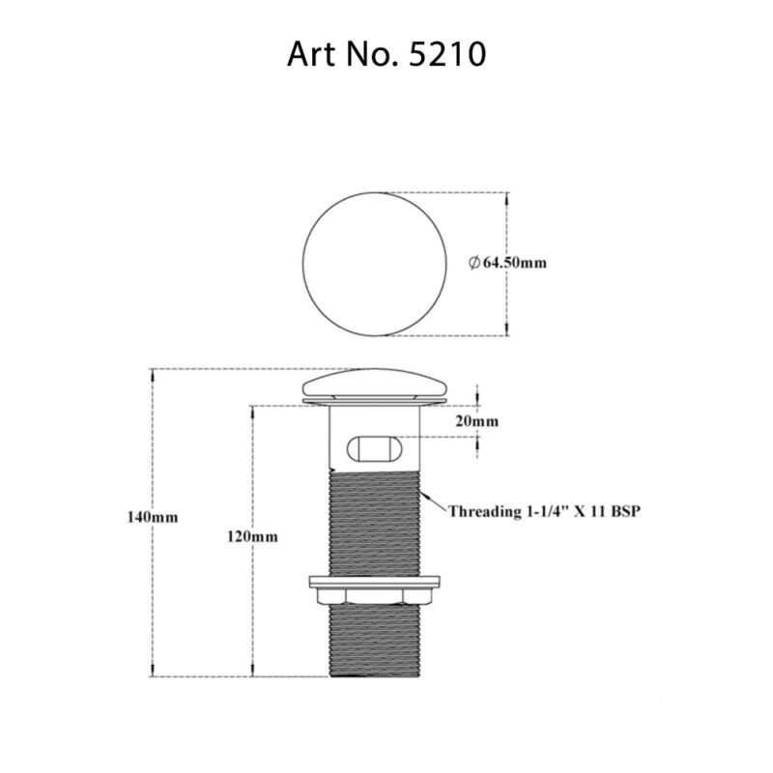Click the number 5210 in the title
448,54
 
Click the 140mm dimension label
153,517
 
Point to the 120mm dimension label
252,536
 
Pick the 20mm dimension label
476,421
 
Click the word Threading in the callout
481,512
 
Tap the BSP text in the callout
625,511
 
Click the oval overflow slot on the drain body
375,448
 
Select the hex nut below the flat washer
375,596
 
